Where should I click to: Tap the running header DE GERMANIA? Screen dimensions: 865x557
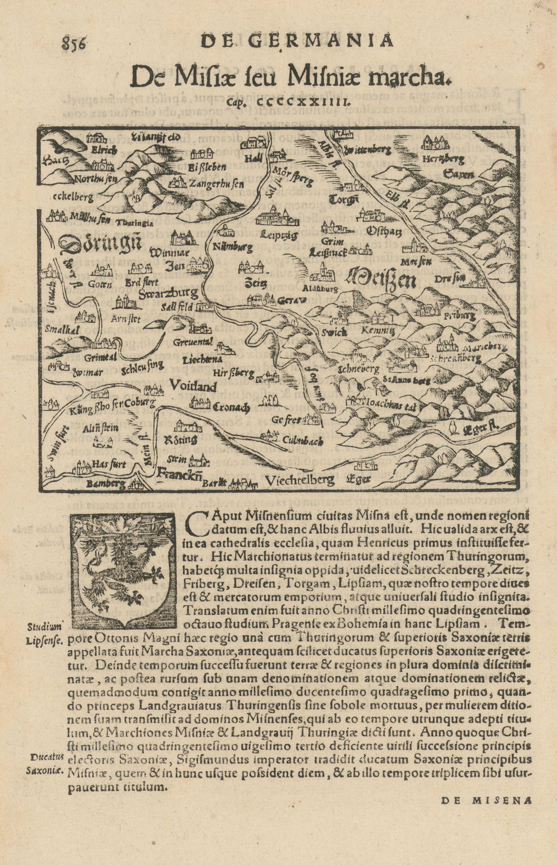297,41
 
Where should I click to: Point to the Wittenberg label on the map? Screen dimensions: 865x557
368,150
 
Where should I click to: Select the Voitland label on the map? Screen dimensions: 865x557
192,385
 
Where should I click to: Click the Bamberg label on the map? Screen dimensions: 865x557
106,484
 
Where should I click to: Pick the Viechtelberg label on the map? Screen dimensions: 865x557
300,480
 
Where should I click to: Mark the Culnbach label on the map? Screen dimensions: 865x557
303,441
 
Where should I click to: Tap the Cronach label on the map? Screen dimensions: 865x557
231,407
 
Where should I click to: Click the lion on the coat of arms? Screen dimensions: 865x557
123,568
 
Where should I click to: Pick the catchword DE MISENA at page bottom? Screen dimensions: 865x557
486,800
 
